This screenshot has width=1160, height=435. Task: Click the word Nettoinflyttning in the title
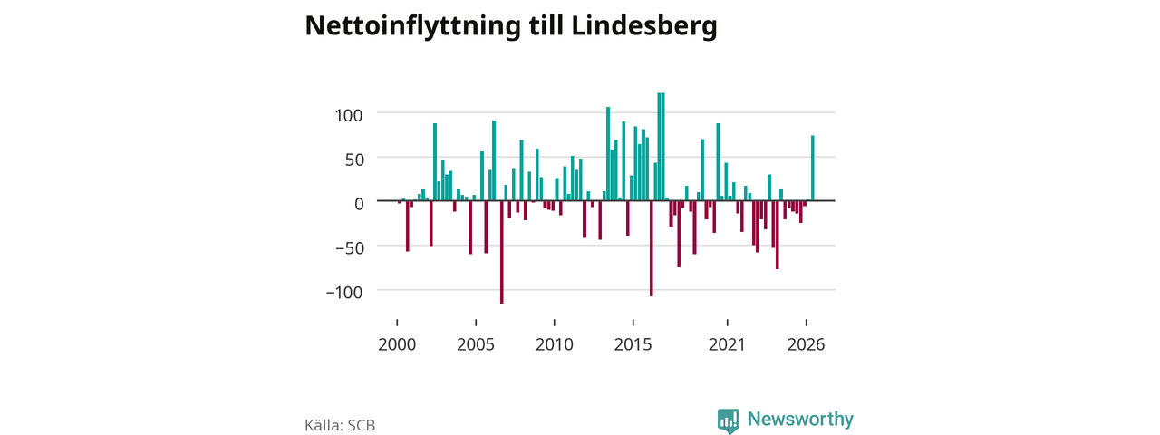(412, 26)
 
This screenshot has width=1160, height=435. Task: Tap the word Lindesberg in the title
(644, 26)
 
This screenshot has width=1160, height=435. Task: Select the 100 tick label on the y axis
(349, 115)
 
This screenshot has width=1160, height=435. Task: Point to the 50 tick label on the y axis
(354, 159)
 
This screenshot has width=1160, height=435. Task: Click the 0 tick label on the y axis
(359, 204)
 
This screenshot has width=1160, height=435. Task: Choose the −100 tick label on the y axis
(344, 293)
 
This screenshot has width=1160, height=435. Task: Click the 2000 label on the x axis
(397, 345)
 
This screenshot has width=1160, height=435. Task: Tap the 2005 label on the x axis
(476, 345)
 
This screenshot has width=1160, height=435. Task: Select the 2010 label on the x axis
(554, 345)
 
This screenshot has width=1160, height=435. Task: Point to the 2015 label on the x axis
(633, 345)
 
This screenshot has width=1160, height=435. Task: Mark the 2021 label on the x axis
(727, 345)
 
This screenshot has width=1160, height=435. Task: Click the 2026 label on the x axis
(806, 345)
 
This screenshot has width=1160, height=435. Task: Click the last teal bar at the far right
(813, 168)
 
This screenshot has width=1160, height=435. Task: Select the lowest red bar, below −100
(502, 252)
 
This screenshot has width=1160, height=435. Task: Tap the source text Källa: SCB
(340, 425)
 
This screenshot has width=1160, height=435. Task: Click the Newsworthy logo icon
(728, 420)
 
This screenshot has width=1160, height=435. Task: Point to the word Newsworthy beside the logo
(800, 419)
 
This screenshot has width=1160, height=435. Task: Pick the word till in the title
(546, 26)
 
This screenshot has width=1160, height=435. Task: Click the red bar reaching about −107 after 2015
(652, 248)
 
